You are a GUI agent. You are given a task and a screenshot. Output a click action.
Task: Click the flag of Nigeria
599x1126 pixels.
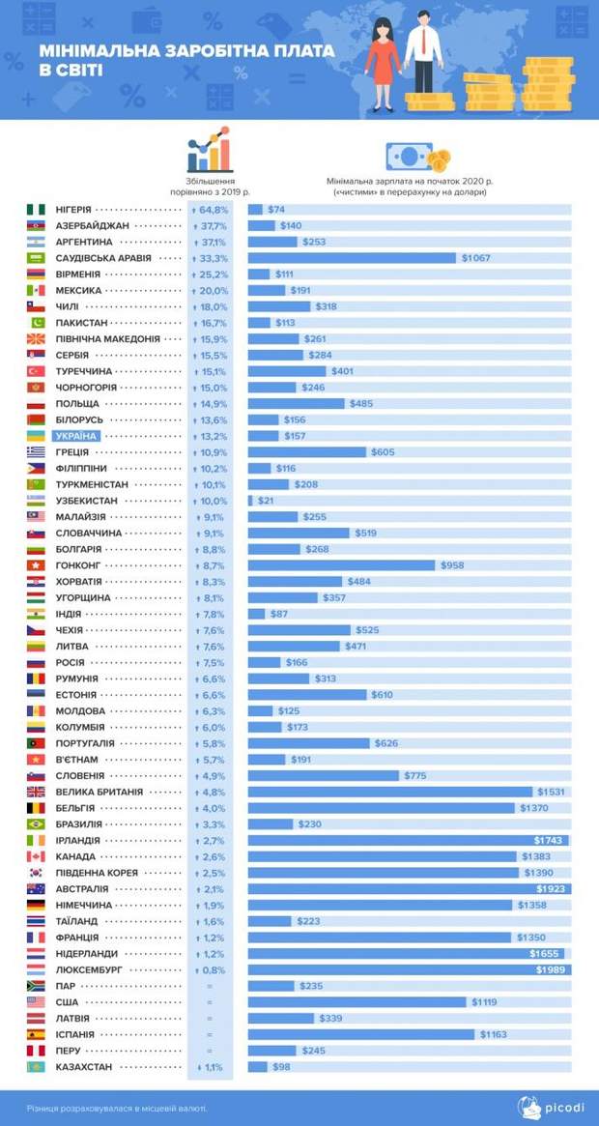35,209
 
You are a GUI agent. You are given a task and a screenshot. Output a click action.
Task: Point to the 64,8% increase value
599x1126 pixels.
210,209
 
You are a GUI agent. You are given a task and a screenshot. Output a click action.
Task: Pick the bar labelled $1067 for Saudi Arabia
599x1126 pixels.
352,258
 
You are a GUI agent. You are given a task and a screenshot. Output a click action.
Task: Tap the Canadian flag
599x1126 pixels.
35,856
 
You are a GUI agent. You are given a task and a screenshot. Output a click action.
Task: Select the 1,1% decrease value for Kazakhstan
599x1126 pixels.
210,1067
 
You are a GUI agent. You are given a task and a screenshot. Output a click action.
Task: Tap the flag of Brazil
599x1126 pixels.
35,824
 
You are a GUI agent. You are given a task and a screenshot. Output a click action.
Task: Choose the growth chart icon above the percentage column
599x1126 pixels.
210,150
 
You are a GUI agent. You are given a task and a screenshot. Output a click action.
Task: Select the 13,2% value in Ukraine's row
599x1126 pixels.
210,436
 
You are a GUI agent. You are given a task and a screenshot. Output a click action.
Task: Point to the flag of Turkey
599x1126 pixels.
35,371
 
